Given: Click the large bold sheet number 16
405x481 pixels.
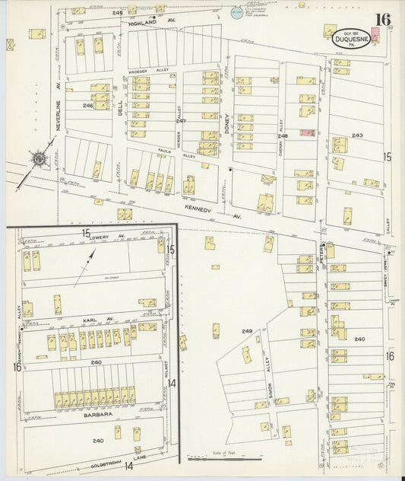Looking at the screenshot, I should pyautogui.click(x=383, y=20).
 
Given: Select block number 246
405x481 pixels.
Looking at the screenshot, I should pyautogui.click(x=87, y=106).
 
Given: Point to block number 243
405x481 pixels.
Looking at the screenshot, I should pyautogui.click(x=357, y=135).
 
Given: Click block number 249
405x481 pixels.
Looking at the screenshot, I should pyautogui.click(x=247, y=331).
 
